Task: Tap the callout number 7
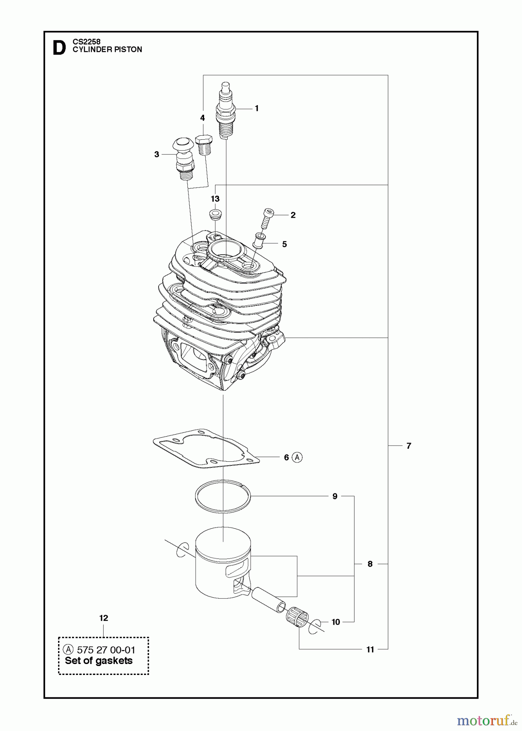409,446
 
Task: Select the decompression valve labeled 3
183,158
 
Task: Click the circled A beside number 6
298,457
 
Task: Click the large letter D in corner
59,48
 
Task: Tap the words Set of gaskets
99,661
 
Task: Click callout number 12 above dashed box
104,618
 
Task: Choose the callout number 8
370,564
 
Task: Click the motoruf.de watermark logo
483,720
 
